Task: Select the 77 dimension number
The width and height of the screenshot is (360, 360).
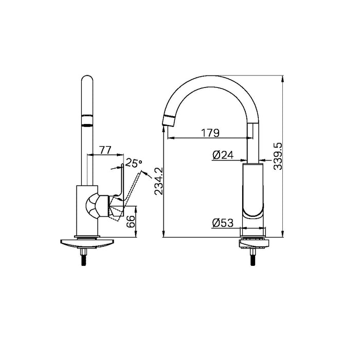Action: tap(105, 150)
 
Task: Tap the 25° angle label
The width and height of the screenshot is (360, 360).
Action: tap(134, 164)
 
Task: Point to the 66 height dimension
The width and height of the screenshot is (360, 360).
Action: tap(132, 222)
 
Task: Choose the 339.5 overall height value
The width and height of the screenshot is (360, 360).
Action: tap(278, 156)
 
